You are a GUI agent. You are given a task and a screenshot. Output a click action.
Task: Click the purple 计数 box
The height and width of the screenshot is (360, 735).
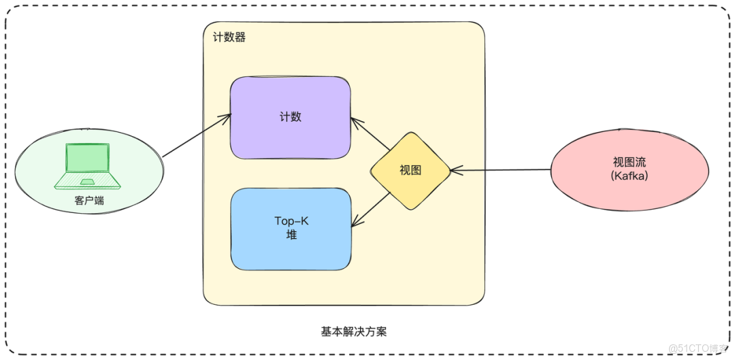pos(290,117)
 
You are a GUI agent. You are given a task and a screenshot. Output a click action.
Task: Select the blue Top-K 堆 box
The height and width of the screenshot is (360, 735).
pos(291,228)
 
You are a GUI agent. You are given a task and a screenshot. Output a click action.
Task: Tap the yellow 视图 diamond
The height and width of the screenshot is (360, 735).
pos(410,171)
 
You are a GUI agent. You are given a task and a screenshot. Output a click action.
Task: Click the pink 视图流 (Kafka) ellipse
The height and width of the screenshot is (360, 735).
pos(629,169)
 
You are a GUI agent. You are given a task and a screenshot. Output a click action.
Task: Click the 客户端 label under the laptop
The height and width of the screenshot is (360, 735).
pos(89,201)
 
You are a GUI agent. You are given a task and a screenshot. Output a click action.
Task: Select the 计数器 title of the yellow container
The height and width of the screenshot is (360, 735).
pos(229,37)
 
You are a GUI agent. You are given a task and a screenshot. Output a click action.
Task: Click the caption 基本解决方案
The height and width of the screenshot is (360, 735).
pos(353,331)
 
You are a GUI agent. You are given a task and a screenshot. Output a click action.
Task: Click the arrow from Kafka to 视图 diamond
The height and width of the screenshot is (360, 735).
pos(500,170)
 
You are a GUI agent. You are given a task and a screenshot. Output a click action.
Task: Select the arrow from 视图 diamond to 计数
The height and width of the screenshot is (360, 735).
pos(371,134)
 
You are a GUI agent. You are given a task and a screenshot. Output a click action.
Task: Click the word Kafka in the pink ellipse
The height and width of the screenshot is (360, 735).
pos(629,176)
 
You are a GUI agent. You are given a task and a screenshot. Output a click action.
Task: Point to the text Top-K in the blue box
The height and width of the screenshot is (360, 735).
pos(291,221)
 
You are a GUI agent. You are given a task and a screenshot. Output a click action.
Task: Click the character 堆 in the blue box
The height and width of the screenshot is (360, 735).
pos(291,235)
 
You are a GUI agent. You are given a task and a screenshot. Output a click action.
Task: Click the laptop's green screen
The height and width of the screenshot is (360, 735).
pos(87,159)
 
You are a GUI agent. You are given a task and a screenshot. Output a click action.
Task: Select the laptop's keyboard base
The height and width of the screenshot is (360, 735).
pos(88,181)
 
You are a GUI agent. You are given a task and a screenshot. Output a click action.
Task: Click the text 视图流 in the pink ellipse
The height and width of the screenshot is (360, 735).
pos(629,163)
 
